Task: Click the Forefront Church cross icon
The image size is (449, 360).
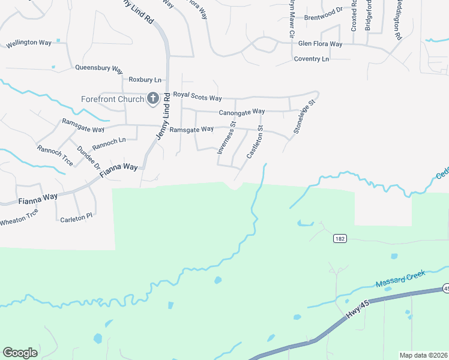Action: point(152,98)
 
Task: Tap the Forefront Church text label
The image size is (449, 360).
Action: point(113,99)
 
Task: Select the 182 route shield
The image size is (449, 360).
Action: point(340,239)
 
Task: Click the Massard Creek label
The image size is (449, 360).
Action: point(400,278)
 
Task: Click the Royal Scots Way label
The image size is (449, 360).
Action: point(197,97)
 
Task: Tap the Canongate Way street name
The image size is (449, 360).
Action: point(242,112)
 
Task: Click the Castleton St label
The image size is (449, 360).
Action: point(255,142)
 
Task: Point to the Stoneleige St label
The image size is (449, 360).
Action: point(304,117)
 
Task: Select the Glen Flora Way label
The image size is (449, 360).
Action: point(320,44)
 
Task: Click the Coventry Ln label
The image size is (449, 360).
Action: point(312,59)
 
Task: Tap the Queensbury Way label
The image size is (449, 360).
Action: point(99,68)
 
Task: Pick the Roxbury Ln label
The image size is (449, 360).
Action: point(145,79)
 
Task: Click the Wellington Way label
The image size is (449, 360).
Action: point(29,43)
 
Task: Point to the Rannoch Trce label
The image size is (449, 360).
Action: point(55,155)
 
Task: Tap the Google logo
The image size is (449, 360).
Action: point(20,353)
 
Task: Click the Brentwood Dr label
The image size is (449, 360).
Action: point(324,17)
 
